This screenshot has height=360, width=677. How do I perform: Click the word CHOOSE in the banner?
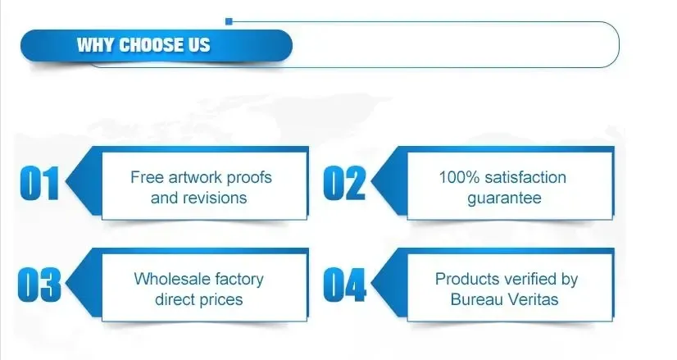[150, 45]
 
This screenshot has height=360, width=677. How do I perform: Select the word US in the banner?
[198, 45]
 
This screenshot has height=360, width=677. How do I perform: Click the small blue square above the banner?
[229, 21]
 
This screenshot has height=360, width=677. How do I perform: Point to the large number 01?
[39, 183]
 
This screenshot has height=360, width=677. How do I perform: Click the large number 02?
[344, 183]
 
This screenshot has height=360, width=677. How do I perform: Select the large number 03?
[39, 285]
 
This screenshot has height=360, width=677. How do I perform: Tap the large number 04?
[344, 285]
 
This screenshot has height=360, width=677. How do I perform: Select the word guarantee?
[504, 198]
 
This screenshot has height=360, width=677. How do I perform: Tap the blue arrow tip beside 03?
[66, 284]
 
